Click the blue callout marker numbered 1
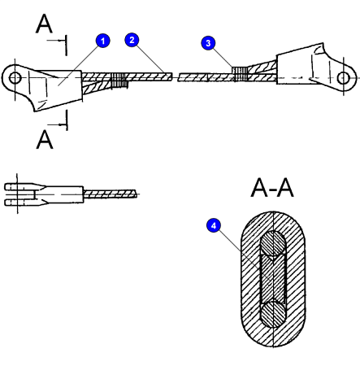point(102,39)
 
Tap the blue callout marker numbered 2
point(132,39)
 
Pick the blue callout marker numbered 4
point(214,227)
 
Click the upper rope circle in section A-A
point(271,243)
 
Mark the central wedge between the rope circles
point(271,279)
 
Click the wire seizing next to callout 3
point(236,74)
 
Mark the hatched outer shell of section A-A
point(247,279)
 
